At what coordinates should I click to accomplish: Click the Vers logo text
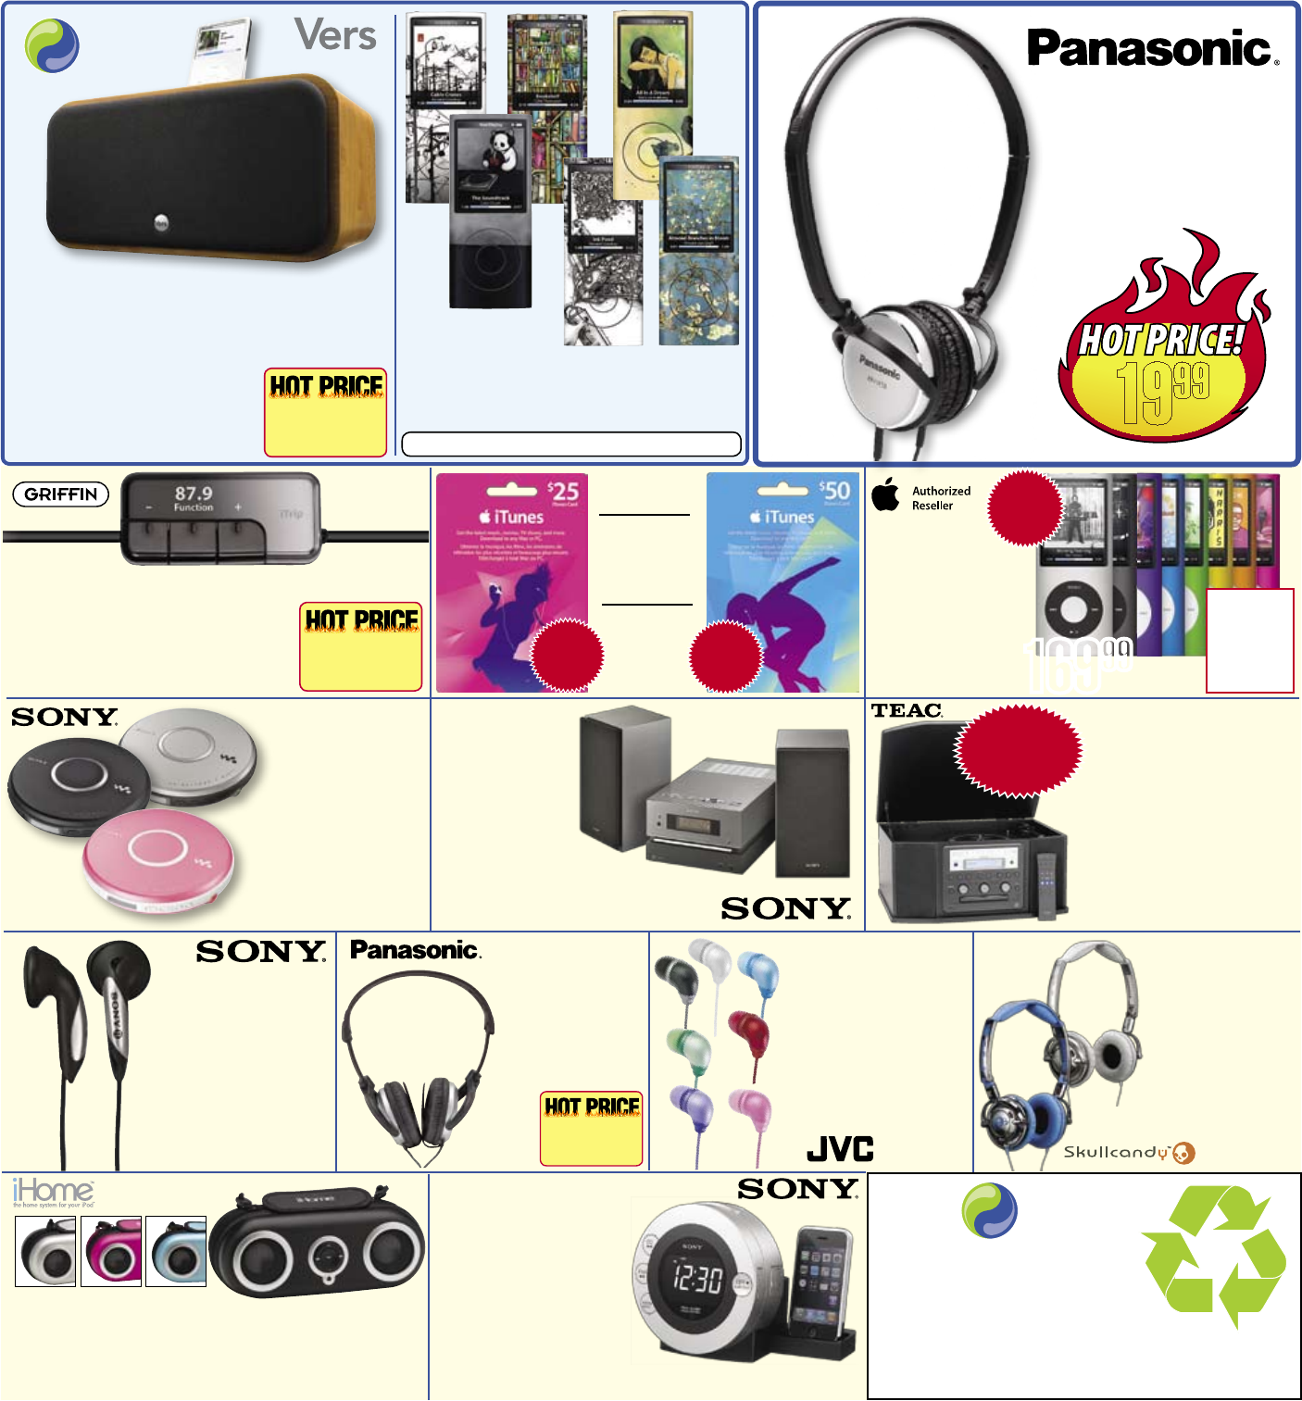coord(335,36)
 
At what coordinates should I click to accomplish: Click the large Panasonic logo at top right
coord(1152,48)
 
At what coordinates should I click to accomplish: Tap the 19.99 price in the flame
coord(1161,388)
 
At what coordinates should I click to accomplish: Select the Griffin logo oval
coord(61,494)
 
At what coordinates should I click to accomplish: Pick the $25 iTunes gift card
coord(512,582)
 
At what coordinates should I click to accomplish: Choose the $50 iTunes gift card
coord(783,582)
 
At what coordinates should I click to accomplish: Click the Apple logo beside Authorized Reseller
coord(885,494)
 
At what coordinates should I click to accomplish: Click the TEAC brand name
coord(907,710)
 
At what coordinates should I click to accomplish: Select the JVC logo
coord(840,1149)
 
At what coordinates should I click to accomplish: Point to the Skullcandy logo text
coord(1116,1152)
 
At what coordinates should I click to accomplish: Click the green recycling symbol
coord(1214,1255)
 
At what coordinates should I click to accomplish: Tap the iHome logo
coord(53,1191)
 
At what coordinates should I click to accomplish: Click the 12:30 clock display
coord(696,1279)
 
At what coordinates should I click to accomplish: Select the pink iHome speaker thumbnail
coord(111,1252)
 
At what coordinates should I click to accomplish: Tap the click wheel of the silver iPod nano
coord(1071,609)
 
